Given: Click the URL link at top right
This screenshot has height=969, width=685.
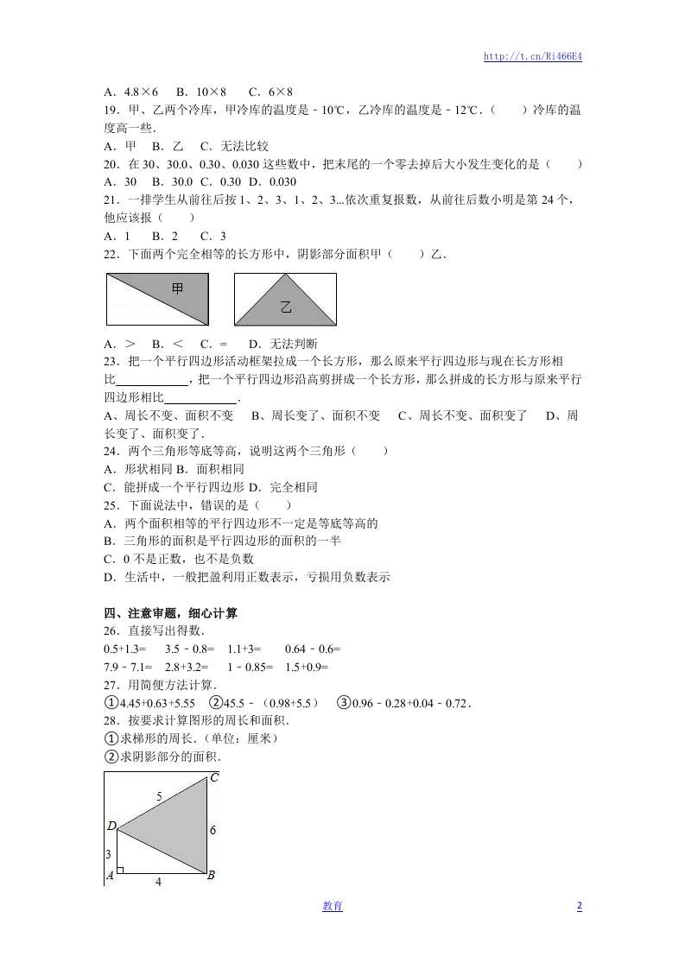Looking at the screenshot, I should tap(532, 57).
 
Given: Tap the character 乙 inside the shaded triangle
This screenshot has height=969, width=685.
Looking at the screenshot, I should tap(286, 307).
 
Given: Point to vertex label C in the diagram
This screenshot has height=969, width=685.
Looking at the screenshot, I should tap(214, 778).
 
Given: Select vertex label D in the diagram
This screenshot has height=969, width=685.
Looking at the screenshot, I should tap(111, 826).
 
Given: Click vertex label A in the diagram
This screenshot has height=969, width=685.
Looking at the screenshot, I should tap(111, 876).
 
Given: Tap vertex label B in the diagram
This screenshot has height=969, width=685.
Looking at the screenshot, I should tap(211, 876).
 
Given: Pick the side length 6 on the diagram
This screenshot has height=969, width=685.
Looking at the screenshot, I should tap(212, 829).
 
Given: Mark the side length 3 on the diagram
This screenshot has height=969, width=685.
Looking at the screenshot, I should tap(109, 854).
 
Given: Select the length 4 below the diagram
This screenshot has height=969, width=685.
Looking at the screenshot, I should tap(158, 882).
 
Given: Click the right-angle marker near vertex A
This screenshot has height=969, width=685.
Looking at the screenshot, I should tap(120, 869).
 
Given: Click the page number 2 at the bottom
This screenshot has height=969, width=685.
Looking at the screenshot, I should tap(579, 906).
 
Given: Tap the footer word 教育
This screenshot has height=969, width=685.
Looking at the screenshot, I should tap(333, 906).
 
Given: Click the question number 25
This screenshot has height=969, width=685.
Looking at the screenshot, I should tap(110, 505).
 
